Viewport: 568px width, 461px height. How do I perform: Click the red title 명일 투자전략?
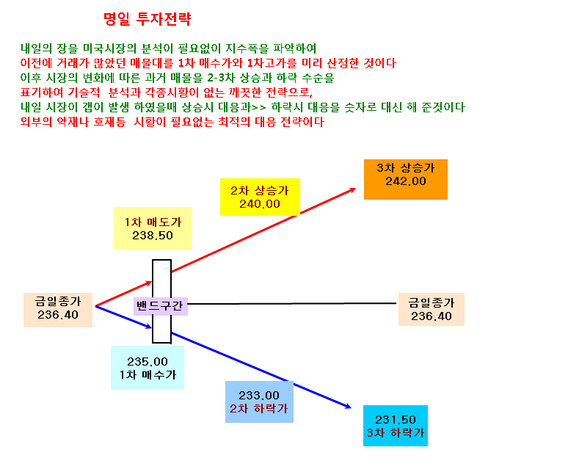click(x=147, y=19)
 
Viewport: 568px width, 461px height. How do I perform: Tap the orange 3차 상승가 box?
click(x=406, y=179)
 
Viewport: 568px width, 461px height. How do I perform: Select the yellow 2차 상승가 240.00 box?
click(x=260, y=197)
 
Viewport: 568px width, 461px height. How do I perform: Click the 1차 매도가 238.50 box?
click(x=153, y=228)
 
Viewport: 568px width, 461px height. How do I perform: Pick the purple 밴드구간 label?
click(x=161, y=306)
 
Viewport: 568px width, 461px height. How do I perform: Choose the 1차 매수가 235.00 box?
click(x=148, y=368)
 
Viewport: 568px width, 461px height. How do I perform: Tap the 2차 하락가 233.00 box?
click(x=259, y=402)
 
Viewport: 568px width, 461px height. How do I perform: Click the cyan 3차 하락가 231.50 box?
click(x=396, y=426)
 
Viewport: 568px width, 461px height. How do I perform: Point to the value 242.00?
click(x=406, y=181)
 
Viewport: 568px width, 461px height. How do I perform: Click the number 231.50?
click(x=396, y=420)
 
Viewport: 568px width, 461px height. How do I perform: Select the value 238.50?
click(x=153, y=236)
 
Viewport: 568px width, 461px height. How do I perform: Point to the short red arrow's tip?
click(x=151, y=281)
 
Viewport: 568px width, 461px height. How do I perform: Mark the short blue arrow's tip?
click(x=151, y=327)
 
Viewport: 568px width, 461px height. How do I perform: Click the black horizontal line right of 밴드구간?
click(x=292, y=304)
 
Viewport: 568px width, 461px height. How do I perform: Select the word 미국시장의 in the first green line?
click(x=109, y=48)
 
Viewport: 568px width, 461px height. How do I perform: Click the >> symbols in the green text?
click(x=259, y=108)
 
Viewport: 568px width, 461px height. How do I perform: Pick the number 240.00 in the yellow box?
click(x=260, y=204)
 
